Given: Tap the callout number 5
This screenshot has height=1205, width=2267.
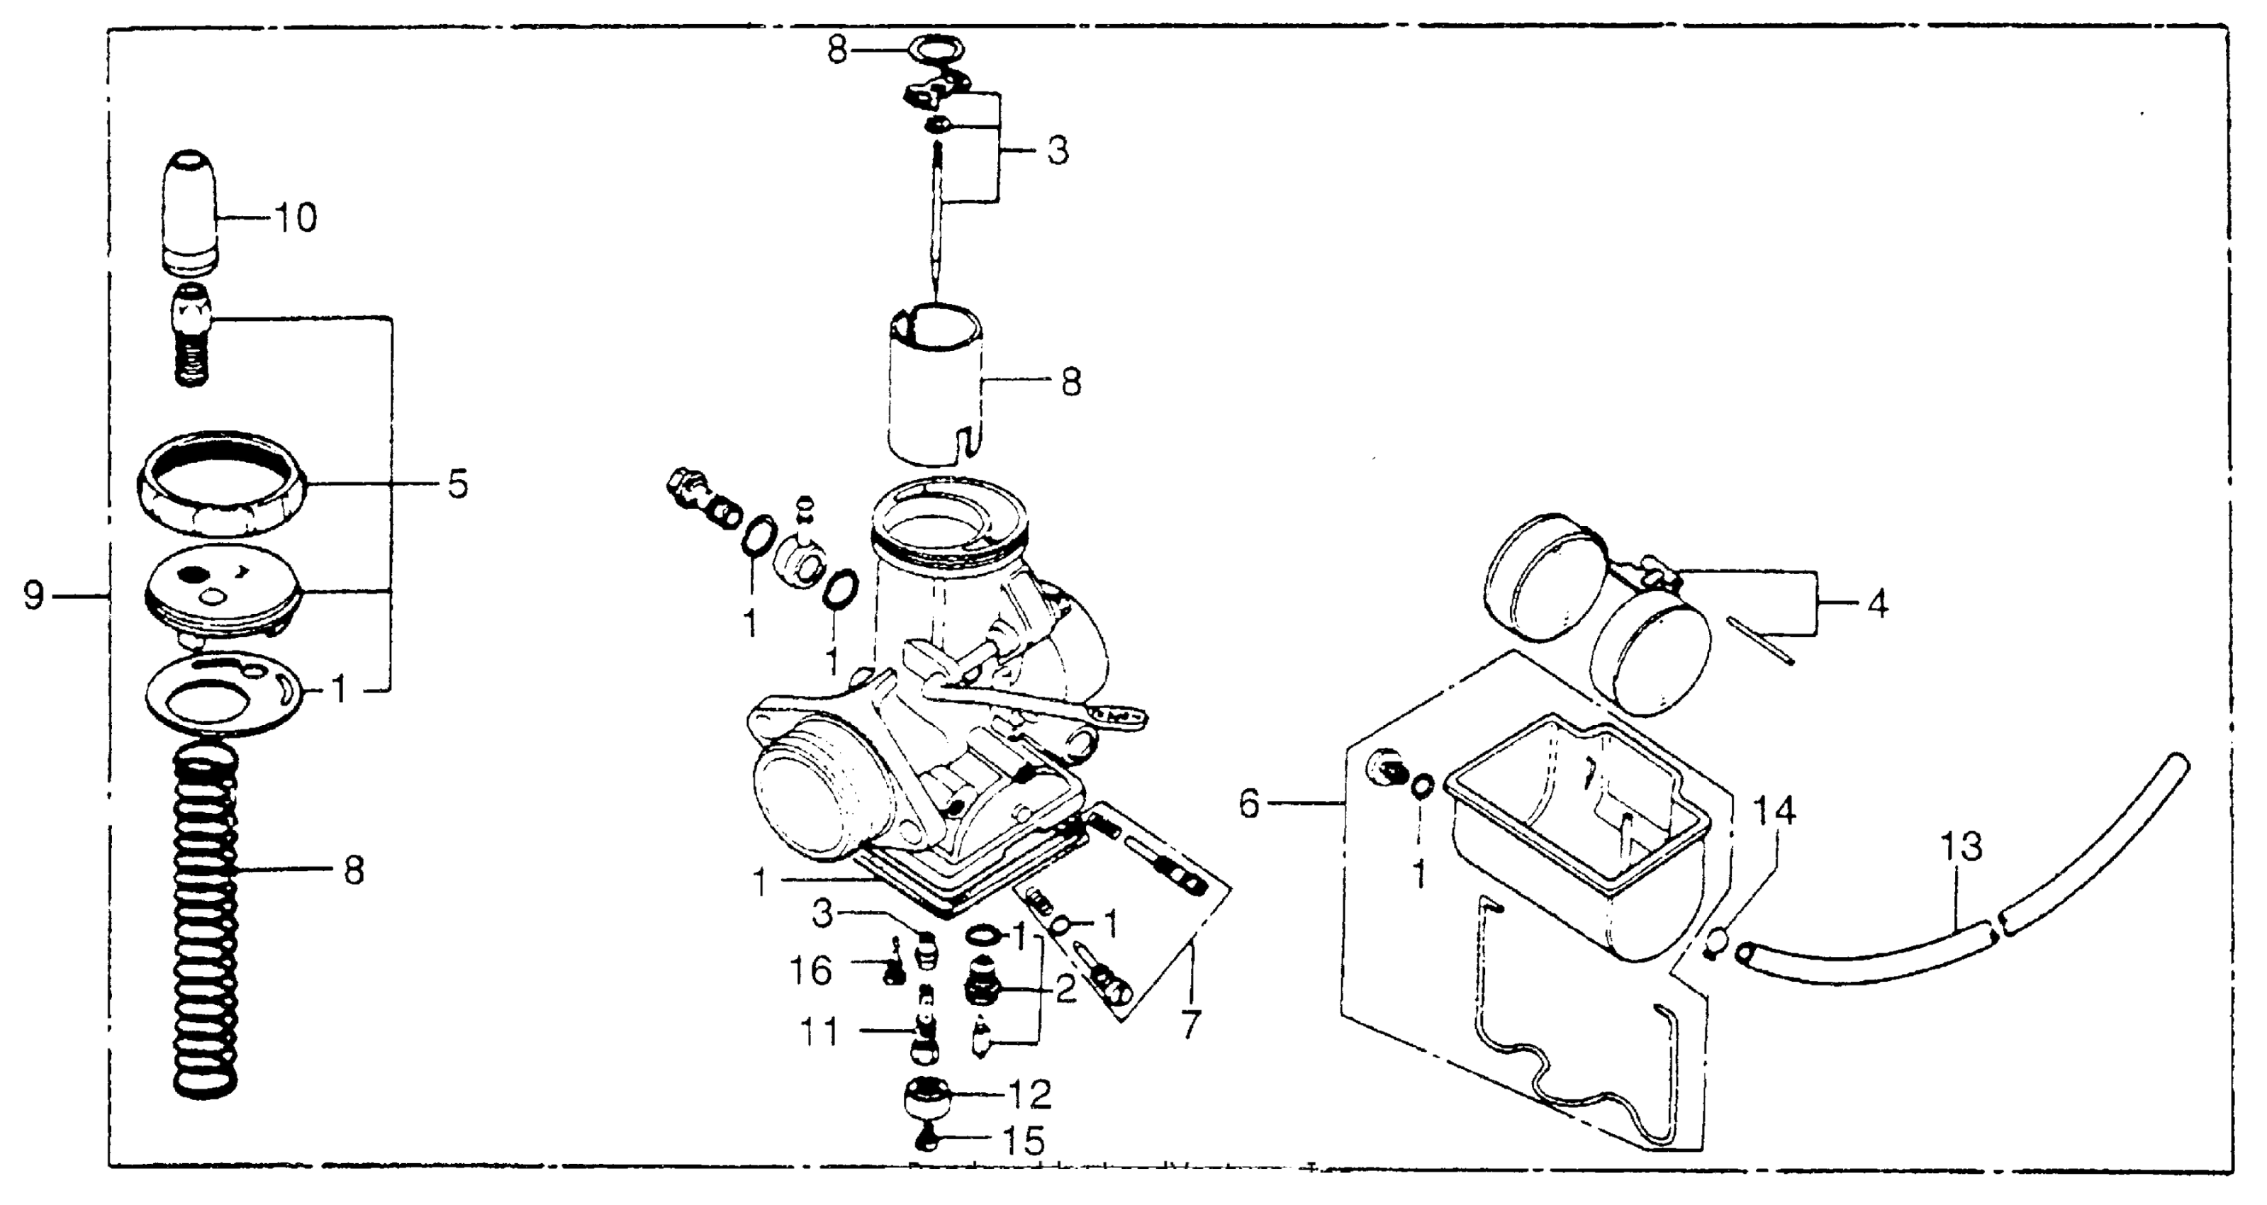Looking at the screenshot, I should pyautogui.click(x=458, y=484).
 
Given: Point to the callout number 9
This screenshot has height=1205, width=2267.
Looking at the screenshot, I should pyautogui.click(x=33, y=596).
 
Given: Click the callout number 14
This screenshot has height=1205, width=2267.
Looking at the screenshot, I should pyautogui.click(x=1774, y=809).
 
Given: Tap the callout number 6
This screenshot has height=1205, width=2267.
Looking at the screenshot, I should pyautogui.click(x=1250, y=803).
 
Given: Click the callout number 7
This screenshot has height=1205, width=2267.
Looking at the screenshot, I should pyautogui.click(x=1191, y=1024).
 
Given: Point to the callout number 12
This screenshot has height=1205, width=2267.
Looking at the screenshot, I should pyautogui.click(x=1030, y=1095).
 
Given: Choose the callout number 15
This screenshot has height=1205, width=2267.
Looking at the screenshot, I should pyautogui.click(x=1024, y=1142).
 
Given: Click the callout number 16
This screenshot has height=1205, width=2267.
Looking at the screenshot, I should pyautogui.click(x=810, y=971).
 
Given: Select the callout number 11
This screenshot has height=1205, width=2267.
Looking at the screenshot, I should pyautogui.click(x=819, y=1031).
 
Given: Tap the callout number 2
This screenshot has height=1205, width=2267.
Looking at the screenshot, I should pyautogui.click(x=1065, y=990).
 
